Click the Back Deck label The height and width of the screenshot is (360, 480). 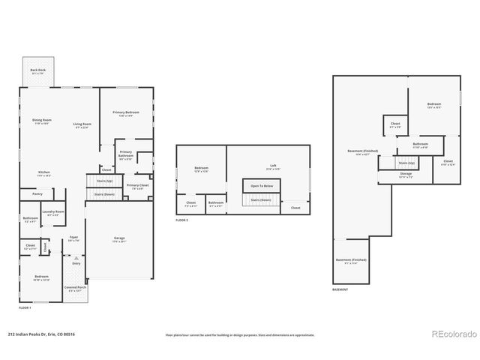[x=37, y=70]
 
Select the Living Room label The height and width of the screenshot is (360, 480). [x=82, y=125]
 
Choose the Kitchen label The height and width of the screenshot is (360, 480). [x=44, y=173]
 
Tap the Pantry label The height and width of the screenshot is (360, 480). [x=37, y=193]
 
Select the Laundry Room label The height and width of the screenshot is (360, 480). [x=52, y=213]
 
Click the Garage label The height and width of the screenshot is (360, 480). [x=119, y=239]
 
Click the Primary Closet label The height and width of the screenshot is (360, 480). [x=137, y=186]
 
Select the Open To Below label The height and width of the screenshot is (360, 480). [x=262, y=185]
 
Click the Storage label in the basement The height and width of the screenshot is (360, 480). [x=406, y=175]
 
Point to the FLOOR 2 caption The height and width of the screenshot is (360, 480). [x=182, y=220]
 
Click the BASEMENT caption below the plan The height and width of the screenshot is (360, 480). [x=340, y=289]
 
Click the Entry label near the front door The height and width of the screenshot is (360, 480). [x=76, y=263]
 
